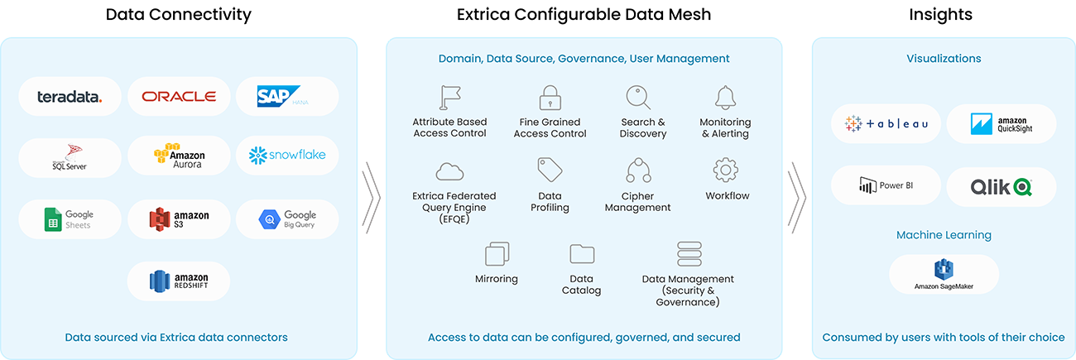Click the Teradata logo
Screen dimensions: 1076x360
pyautogui.click(x=70, y=97)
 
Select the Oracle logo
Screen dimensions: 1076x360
pyautogui.click(x=179, y=97)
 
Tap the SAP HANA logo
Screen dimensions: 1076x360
pyautogui.click(x=282, y=96)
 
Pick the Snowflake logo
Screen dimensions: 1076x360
pyautogui.click(x=287, y=155)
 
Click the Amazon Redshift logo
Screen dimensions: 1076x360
pyautogui.click(x=179, y=281)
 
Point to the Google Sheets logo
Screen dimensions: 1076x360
pyautogui.click(x=69, y=219)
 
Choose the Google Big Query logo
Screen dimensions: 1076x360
pyautogui.click(x=287, y=219)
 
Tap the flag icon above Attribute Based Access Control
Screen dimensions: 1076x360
pyautogui.click(x=450, y=98)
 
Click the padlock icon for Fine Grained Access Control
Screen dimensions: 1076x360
pyautogui.click(x=550, y=98)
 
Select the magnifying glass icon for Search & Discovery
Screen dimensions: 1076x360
pyautogui.click(x=638, y=98)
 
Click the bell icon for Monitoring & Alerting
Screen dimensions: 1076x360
pyautogui.click(x=725, y=98)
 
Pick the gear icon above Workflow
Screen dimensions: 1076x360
pyautogui.click(x=726, y=170)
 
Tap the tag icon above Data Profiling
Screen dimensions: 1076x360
pyautogui.click(x=550, y=170)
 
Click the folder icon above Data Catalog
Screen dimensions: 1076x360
pyautogui.click(x=582, y=254)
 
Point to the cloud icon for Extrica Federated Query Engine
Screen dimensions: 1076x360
pyautogui.click(x=449, y=171)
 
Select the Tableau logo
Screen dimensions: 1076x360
pyautogui.click(x=886, y=124)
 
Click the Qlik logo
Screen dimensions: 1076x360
pyautogui.click(x=1001, y=187)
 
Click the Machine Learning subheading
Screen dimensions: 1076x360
pyautogui.click(x=944, y=235)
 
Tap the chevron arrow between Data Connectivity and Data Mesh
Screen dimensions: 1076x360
pyautogui.click(x=372, y=197)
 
